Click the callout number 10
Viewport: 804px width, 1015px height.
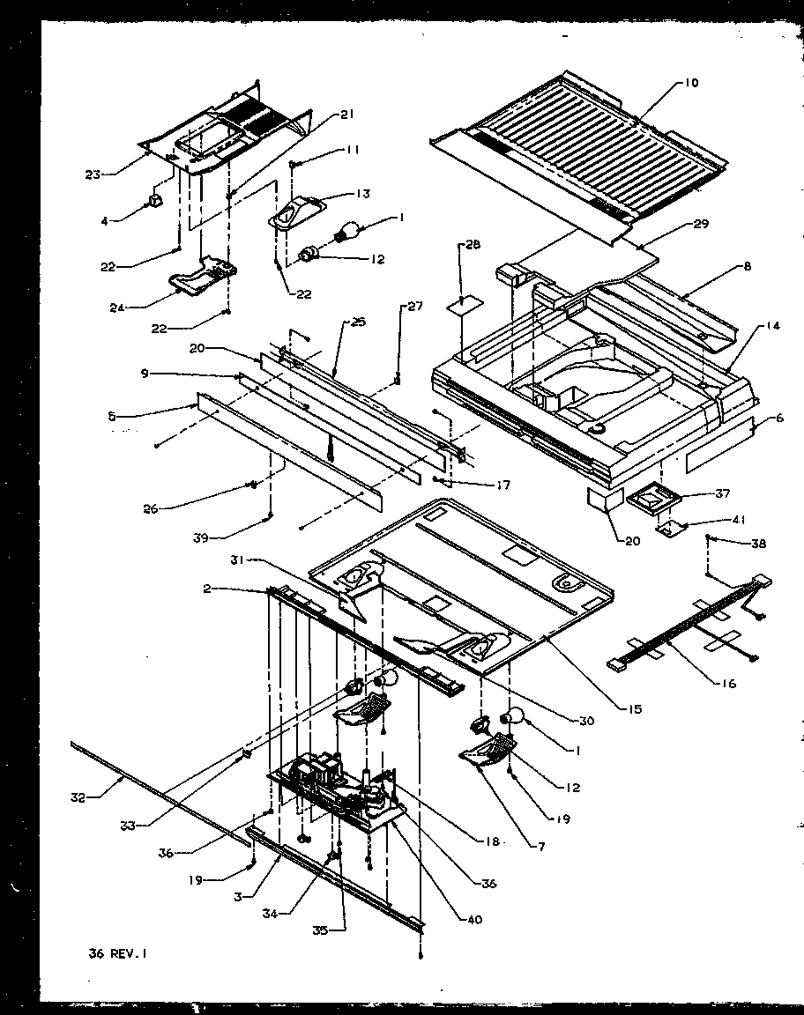(689, 83)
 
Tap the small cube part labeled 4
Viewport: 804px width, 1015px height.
(156, 203)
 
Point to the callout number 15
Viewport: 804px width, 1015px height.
(636, 709)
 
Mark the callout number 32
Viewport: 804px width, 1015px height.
(79, 798)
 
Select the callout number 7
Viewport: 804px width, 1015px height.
(542, 847)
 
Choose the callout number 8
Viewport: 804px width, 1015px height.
(748, 265)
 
